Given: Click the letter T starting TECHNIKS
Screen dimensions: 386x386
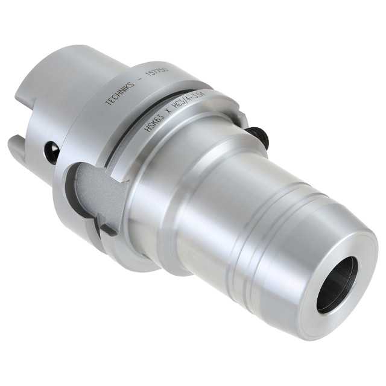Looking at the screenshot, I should click(108, 101).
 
